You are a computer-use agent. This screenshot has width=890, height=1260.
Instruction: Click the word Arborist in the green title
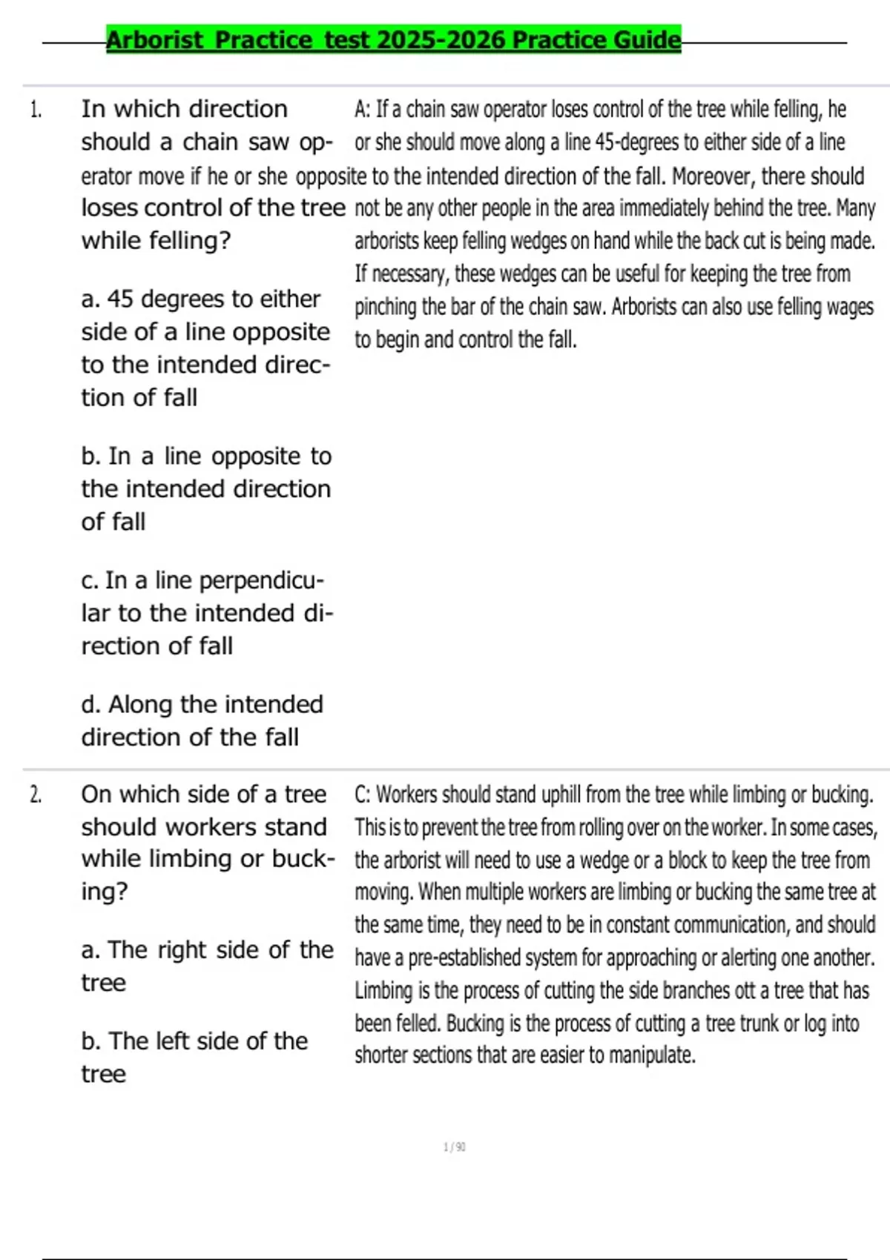(x=154, y=39)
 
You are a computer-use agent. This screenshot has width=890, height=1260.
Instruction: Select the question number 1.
(x=36, y=110)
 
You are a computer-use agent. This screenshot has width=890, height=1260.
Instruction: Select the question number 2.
(x=36, y=795)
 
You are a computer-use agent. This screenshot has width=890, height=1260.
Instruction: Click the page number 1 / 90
(x=454, y=1147)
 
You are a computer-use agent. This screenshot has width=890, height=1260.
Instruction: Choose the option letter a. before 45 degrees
(x=90, y=299)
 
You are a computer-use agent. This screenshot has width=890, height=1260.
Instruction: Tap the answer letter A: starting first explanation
(x=362, y=110)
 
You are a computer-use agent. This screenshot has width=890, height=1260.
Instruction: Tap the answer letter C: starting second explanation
(x=362, y=795)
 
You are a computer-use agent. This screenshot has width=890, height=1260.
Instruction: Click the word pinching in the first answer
(x=385, y=307)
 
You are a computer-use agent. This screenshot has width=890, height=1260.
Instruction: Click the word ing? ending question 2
(x=104, y=892)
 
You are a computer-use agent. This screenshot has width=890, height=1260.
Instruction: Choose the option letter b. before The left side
(x=91, y=1041)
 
